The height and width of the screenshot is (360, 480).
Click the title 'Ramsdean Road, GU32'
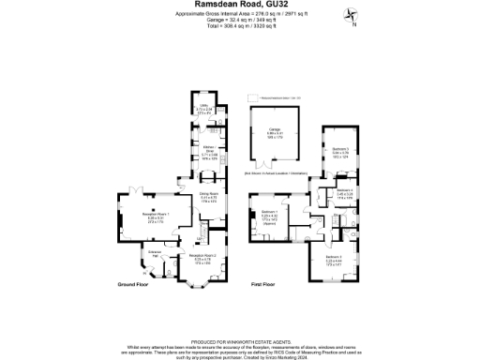coord(240,5)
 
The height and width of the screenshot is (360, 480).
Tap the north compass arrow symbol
coord(352,14)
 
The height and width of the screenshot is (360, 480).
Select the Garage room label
coord(275,128)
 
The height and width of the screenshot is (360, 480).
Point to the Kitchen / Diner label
coord(210,147)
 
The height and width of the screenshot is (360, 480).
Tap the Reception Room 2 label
coord(202,254)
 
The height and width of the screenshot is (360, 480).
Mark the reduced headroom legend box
coord(252,97)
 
